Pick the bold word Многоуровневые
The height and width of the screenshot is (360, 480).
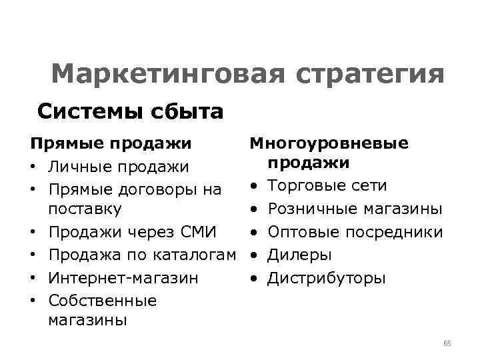coord(329,143)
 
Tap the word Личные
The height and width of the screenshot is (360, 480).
coord(79,166)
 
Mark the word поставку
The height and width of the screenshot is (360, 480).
coord(85,209)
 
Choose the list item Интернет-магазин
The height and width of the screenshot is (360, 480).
coord(123,277)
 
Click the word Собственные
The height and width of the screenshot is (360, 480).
coord(102,300)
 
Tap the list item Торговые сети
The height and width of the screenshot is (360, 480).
coord(327,185)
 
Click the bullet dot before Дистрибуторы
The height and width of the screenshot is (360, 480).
coord(255,277)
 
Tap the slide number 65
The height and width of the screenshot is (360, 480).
coord(447,343)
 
